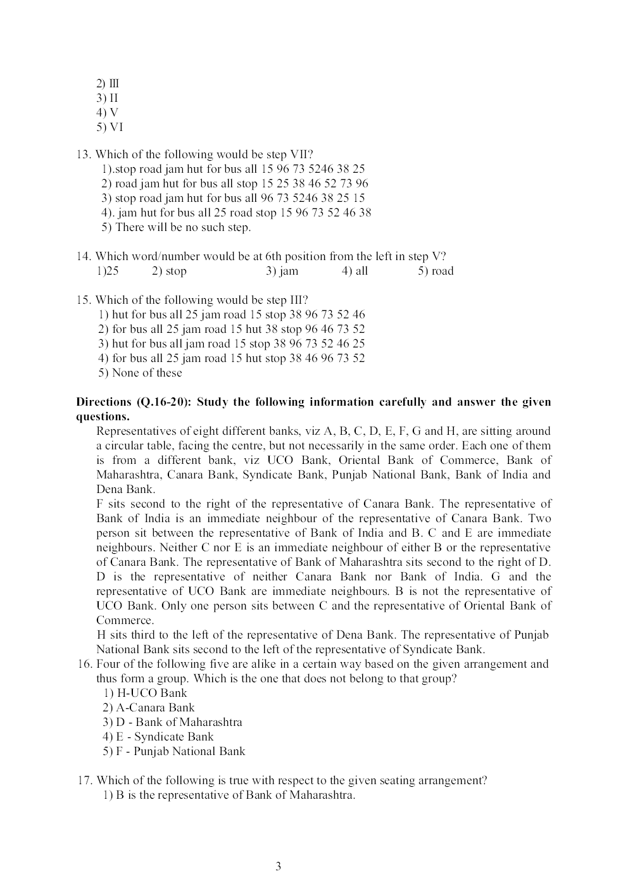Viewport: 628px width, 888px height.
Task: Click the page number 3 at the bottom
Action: point(278,866)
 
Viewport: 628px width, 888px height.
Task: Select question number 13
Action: point(84,154)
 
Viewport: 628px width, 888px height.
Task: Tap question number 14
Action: point(84,256)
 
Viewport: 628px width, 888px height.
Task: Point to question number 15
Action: point(84,300)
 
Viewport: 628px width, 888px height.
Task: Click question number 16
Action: point(85,664)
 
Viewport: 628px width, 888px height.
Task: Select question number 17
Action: point(85,780)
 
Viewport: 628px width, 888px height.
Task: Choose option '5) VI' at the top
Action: point(110,127)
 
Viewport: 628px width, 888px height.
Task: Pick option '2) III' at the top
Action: point(108,84)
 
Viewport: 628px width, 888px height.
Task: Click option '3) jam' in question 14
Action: point(282,271)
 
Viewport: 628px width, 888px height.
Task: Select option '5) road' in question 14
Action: point(436,271)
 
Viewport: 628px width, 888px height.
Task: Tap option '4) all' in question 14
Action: point(355,271)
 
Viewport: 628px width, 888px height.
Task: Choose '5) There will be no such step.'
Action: point(176,227)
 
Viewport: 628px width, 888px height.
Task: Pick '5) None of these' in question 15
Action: point(140,373)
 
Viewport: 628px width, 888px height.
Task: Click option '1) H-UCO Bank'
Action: point(145,693)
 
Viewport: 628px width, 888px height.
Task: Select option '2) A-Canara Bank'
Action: point(148,708)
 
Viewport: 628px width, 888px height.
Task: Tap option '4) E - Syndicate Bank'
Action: point(158,737)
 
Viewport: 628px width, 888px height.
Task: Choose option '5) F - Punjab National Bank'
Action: point(173,751)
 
